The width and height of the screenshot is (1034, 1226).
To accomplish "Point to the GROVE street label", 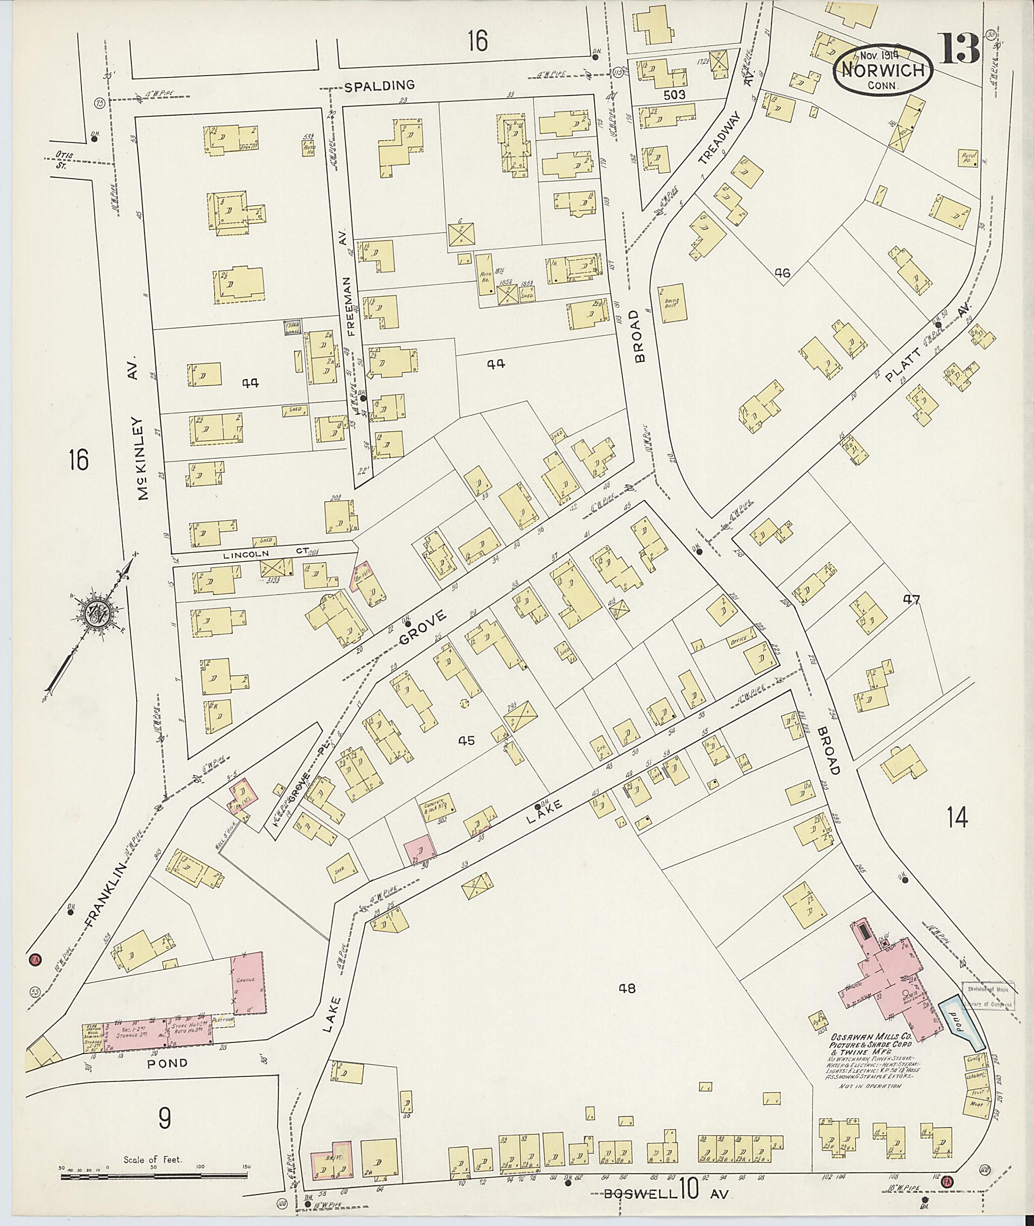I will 423,628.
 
